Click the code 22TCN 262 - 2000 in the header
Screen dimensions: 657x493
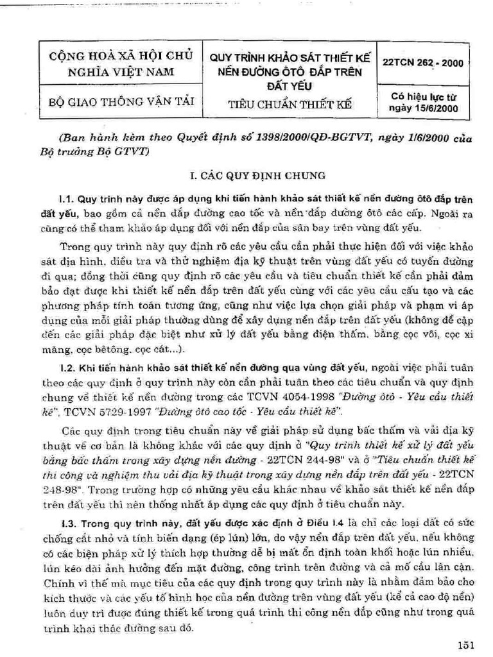[422, 64]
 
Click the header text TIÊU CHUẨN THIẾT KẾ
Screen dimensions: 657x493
[290, 104]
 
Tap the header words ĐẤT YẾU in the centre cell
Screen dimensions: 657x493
[290, 84]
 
